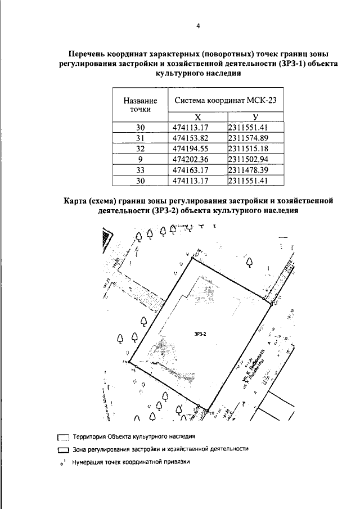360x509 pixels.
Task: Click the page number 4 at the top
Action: (x=198, y=26)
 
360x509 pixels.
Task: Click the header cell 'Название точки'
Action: (x=140, y=105)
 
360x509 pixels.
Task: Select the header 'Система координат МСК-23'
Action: (x=226, y=101)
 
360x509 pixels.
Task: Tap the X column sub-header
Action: (x=198, y=117)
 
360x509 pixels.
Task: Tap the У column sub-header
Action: (x=255, y=117)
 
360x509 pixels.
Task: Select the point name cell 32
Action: (x=141, y=148)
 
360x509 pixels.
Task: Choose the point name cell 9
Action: (x=141, y=159)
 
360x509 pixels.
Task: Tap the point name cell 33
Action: (x=141, y=170)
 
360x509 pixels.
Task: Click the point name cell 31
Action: (x=141, y=138)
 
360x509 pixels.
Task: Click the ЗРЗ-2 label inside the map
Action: (x=201, y=334)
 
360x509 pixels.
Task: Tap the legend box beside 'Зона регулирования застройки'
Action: (x=62, y=450)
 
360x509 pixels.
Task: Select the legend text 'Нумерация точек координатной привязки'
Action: (x=128, y=462)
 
